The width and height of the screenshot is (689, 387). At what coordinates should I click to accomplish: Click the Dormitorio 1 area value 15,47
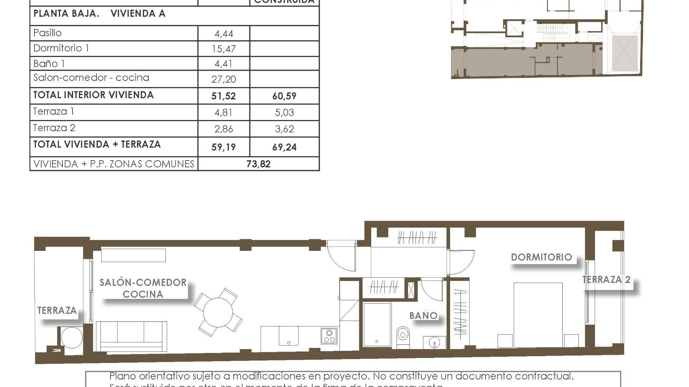point(224,49)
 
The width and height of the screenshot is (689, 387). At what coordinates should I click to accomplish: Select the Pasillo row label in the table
point(47,33)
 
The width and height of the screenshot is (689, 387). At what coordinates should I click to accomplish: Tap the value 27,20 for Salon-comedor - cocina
point(224,79)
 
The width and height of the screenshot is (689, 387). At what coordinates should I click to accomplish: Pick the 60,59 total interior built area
point(284,96)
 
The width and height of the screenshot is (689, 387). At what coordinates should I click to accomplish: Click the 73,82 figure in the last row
point(258,164)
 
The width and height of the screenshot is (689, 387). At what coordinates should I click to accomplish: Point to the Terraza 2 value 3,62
point(284,129)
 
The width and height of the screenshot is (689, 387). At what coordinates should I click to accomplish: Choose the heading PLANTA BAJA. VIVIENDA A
point(99,14)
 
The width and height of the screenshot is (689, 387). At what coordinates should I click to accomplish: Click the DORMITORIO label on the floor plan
point(541,257)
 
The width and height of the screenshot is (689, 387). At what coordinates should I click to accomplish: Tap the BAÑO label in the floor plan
point(423,316)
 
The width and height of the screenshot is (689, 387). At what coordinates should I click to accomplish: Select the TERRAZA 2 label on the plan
point(606,280)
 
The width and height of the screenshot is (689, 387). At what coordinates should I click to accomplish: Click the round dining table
point(218,312)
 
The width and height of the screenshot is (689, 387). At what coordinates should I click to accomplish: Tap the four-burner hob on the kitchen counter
point(329,336)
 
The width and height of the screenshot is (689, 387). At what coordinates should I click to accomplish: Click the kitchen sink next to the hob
point(289,336)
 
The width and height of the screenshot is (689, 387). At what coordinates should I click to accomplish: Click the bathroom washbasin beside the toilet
point(434,343)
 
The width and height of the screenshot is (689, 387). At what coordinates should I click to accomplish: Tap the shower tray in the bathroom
point(377,325)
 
